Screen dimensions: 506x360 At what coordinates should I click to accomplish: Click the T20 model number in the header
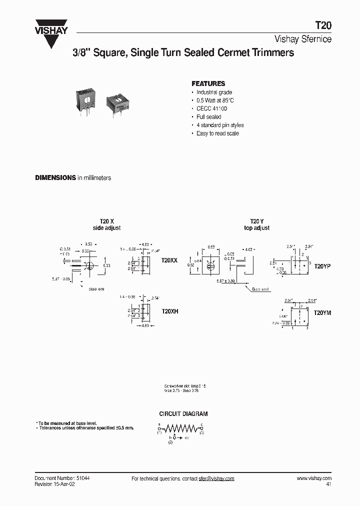point(323,26)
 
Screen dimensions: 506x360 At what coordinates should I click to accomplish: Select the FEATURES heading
point(208,83)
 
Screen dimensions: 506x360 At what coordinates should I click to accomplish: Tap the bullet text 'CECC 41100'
point(211,108)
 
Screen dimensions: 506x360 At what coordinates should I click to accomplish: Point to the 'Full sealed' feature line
point(208,117)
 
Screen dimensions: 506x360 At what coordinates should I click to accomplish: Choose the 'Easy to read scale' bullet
point(217,133)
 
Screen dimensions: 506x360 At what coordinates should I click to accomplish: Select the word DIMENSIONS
point(55,178)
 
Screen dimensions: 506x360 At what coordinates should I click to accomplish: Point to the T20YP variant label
point(322,266)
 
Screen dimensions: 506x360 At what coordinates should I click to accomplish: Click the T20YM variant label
point(322,312)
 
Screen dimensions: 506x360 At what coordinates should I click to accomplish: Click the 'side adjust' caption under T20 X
point(107,228)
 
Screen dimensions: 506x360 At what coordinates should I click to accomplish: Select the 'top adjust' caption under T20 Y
point(256,228)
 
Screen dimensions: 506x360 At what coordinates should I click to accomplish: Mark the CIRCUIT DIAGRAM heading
point(183,414)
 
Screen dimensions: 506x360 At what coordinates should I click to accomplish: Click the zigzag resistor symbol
point(180,428)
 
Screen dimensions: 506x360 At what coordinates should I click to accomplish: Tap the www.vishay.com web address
point(314,478)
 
